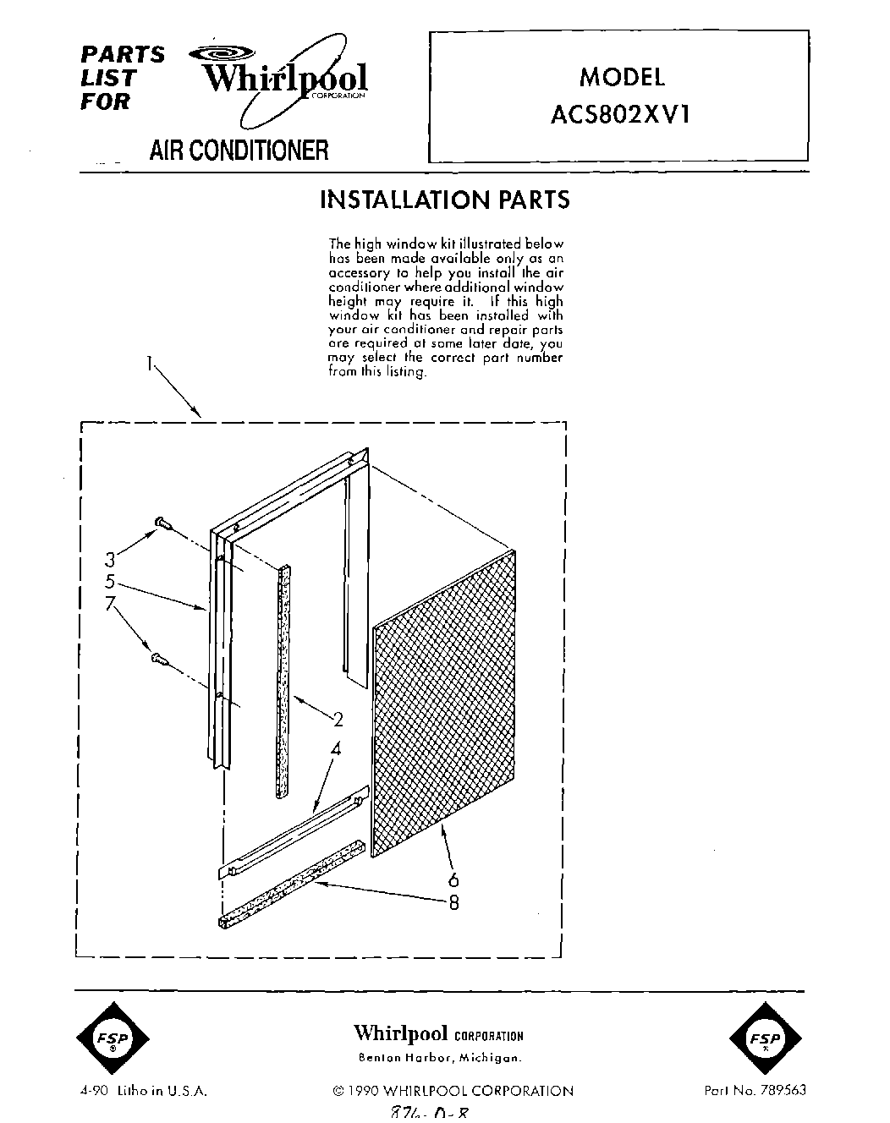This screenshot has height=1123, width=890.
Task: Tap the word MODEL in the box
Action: point(622,77)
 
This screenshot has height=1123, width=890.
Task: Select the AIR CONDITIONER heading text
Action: point(238,151)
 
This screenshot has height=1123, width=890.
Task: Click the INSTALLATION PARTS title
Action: point(444,200)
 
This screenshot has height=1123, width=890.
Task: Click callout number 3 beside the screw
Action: point(109,559)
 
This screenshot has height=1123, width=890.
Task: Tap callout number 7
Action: point(109,605)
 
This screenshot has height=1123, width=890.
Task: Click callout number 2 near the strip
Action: point(338,720)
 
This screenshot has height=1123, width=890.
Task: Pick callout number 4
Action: point(335,748)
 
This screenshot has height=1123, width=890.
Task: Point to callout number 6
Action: point(453,880)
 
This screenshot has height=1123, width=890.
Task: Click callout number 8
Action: point(453,902)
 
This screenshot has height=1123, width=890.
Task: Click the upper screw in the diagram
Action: point(162,525)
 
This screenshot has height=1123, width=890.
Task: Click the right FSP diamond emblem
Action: point(766,1039)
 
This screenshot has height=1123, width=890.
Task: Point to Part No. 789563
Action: point(755,1090)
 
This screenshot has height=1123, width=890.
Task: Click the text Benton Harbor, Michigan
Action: point(440,1058)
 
